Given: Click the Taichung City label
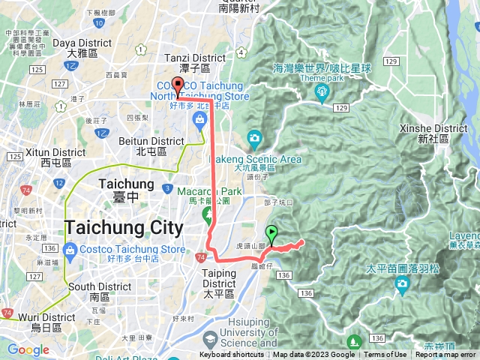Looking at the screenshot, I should pos(124,227).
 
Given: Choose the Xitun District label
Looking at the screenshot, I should pos(46,153).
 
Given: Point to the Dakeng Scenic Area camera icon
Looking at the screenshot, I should pos(254,138).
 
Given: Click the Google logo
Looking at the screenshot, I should pos(28,349).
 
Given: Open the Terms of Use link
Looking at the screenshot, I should pos(385,355).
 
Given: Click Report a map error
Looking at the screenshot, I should pos(445,355).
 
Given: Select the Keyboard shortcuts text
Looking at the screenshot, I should pos(232,355).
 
